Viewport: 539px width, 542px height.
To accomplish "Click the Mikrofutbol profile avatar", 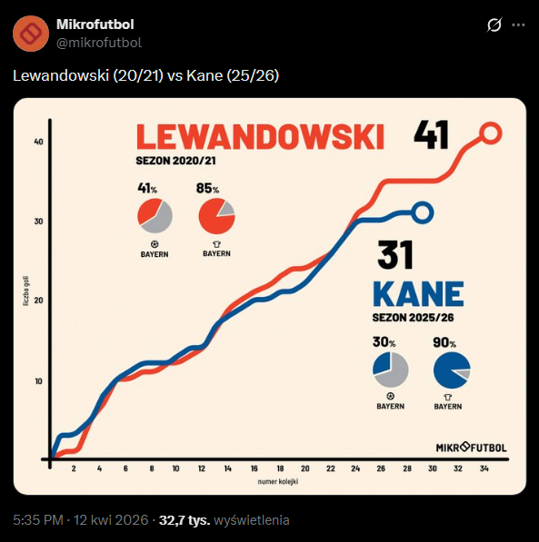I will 31,33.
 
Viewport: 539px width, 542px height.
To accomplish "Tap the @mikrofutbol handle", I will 99,43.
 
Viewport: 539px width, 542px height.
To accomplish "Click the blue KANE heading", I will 418,294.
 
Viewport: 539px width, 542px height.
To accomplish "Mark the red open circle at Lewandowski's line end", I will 489,133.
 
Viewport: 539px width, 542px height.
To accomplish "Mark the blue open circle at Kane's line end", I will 423,212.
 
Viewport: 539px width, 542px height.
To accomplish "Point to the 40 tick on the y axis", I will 38,142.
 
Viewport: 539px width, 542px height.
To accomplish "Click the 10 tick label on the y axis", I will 38,380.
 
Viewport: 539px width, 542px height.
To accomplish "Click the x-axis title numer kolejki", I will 277,480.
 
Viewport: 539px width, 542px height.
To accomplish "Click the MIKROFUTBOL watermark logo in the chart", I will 471,447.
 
